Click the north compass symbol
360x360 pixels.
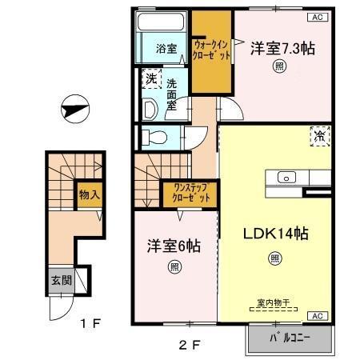coord(75,109)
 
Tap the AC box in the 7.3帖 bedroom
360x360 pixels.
coord(318,18)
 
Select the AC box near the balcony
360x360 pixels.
coord(318,316)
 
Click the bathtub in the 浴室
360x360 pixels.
coord(161,21)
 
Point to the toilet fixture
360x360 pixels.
coord(154,138)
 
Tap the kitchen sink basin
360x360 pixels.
coord(286,178)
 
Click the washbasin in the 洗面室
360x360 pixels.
coord(150,109)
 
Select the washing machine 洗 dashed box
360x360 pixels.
coord(151,78)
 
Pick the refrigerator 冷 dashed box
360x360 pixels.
coord(320,137)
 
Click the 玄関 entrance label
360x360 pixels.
coord(62,280)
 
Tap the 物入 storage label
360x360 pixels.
coord(90,194)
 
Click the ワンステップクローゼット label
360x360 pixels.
coord(190,193)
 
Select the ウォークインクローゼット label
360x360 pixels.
coord(211,50)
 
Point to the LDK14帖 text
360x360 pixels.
coord(276,234)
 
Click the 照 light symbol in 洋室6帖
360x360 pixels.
coord(174,267)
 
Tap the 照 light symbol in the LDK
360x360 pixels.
coord(274,258)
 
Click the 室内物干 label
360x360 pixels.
coord(274,302)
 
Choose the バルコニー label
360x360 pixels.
coord(290,338)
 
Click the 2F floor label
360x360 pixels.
coord(190,346)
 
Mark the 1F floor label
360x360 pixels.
coord(90,323)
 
